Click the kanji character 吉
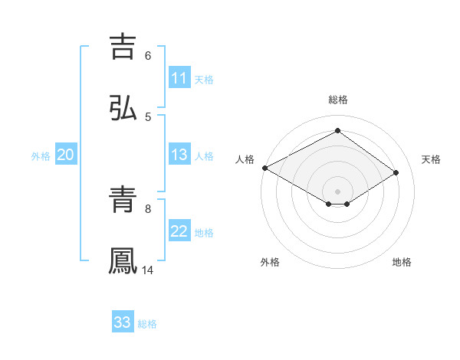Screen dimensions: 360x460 (123, 45)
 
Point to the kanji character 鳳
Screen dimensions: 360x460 (123, 261)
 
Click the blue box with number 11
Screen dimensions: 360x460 (179, 78)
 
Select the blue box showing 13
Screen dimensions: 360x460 (179, 155)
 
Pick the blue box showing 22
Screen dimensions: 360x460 (179, 231)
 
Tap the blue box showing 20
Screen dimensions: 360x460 (65, 155)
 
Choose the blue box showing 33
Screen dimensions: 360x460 (123, 322)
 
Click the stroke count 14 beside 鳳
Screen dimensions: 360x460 (148, 270)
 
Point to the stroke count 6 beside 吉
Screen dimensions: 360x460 (148, 55)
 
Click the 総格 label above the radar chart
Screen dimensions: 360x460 (338, 100)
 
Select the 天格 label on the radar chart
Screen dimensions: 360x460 (432, 159)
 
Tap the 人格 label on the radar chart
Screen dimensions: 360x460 (245, 159)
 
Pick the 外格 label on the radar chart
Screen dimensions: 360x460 (270, 262)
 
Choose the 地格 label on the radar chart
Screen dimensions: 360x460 (402, 262)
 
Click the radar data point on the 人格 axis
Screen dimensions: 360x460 (264, 168)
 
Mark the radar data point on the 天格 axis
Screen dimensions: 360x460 (396, 172)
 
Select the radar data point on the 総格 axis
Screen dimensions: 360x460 (337, 131)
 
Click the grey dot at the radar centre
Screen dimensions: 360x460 (337, 191)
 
